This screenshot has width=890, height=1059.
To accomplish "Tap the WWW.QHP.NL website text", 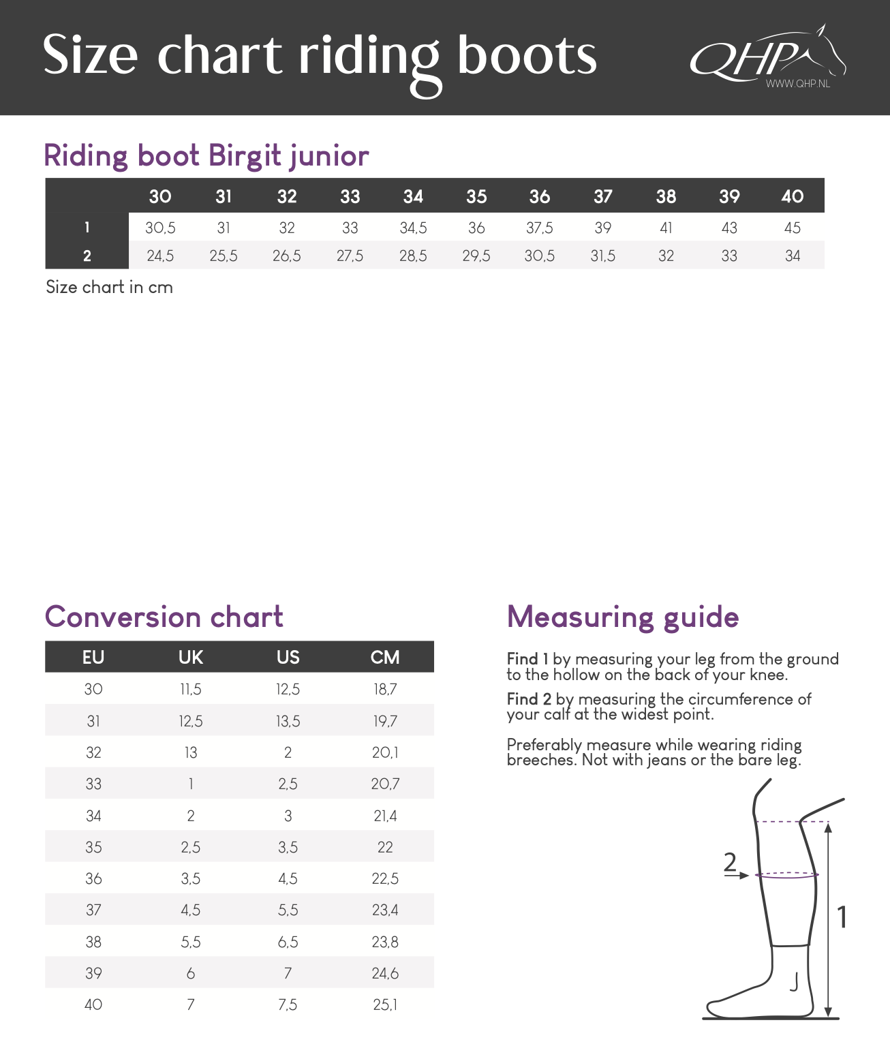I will [x=797, y=84].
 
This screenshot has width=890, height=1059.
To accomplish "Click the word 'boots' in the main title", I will [x=527, y=55].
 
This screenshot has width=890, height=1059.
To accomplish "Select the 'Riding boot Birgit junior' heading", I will [x=206, y=155].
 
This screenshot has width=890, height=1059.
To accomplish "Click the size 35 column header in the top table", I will [x=476, y=196].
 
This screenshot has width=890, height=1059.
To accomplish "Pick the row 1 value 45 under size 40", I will [x=792, y=228].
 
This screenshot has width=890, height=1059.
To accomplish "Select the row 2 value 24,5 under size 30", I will [x=160, y=256].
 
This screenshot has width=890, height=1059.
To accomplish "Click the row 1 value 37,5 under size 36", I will [x=539, y=228].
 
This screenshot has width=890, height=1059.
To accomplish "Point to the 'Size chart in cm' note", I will [x=109, y=288].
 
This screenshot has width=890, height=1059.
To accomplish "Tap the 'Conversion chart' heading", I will [x=164, y=617].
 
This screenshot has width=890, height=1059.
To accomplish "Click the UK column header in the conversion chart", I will [x=191, y=657].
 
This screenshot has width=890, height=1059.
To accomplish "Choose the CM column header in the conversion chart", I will [x=385, y=657].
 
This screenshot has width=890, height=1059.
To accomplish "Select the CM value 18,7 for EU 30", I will [x=385, y=689].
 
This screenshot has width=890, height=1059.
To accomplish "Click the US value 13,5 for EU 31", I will [x=288, y=721].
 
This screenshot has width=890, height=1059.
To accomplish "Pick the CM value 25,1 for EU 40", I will [x=385, y=1004].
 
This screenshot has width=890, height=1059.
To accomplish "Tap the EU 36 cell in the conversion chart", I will [x=93, y=878].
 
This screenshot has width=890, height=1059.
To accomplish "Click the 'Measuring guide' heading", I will [x=623, y=617].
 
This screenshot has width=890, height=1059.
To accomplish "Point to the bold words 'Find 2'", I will [x=529, y=699].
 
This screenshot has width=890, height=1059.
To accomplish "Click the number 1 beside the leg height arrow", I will [x=842, y=917].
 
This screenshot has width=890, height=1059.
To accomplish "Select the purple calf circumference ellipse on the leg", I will [x=787, y=875].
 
